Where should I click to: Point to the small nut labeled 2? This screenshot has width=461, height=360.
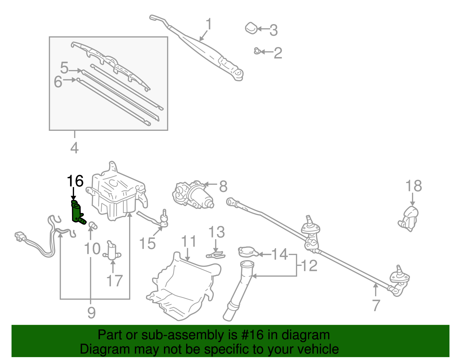point(257,51)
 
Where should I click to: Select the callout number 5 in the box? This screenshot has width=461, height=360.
point(64,68)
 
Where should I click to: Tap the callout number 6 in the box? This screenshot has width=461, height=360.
point(58,82)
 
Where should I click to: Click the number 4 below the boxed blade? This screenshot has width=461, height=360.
point(74,148)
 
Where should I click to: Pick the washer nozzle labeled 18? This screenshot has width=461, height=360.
point(409,219)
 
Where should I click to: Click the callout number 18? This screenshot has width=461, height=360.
point(413,186)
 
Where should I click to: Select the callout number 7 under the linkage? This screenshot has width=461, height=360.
point(376,305)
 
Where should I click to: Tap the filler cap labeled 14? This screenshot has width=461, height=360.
point(247,252)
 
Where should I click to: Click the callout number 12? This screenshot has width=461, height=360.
point(309,266)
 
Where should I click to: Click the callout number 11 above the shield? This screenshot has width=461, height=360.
point(189,242)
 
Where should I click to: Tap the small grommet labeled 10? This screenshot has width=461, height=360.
point(92,225)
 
